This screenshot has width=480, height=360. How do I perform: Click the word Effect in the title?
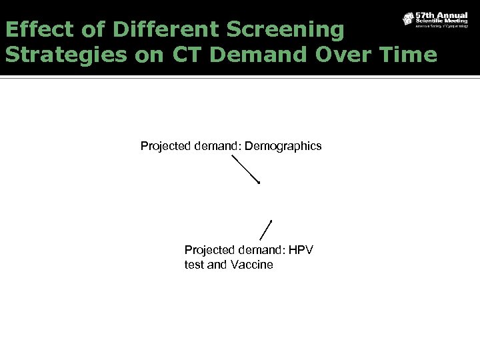(35, 29)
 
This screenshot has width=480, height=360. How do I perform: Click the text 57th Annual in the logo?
(441, 15)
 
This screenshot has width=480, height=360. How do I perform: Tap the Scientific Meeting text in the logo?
(441, 21)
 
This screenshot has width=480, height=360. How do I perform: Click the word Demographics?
(283, 145)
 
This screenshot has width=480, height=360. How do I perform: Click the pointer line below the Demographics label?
(245, 169)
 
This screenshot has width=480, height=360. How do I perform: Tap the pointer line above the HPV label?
(266, 229)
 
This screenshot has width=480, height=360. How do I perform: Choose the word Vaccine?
(251, 265)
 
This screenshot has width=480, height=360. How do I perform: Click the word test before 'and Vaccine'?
(195, 265)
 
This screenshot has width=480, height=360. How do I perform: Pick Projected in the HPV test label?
(208, 250)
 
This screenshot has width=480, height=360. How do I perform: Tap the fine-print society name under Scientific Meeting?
(441, 27)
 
